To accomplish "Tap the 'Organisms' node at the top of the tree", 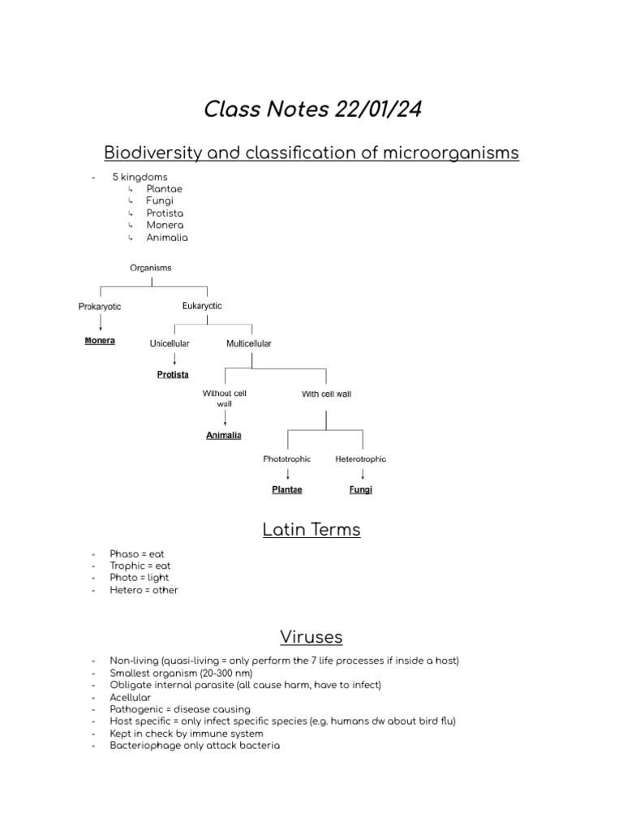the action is pyautogui.click(x=151, y=267).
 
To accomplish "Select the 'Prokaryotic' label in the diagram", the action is pyautogui.click(x=100, y=306).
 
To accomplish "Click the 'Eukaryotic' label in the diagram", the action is pyautogui.click(x=202, y=306).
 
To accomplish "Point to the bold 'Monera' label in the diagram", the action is pyautogui.click(x=100, y=341).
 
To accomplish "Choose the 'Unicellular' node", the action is pyautogui.click(x=170, y=343).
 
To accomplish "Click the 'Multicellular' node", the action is pyautogui.click(x=248, y=343).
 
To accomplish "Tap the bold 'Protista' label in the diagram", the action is pyautogui.click(x=173, y=374).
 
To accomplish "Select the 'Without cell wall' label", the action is pyautogui.click(x=224, y=398).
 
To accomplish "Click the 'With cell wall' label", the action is pyautogui.click(x=326, y=394).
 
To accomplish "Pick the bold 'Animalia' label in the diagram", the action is pyautogui.click(x=224, y=435).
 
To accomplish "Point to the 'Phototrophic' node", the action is pyautogui.click(x=287, y=459).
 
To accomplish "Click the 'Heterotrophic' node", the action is pyautogui.click(x=361, y=459).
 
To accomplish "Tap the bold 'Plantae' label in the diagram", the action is pyautogui.click(x=287, y=490).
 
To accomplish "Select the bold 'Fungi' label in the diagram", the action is pyautogui.click(x=361, y=490).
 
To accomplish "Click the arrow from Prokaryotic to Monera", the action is pyautogui.click(x=100, y=323).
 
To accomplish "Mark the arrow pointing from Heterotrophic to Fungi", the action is pyautogui.click(x=362, y=474).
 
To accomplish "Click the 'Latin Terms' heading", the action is pyautogui.click(x=311, y=530).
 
